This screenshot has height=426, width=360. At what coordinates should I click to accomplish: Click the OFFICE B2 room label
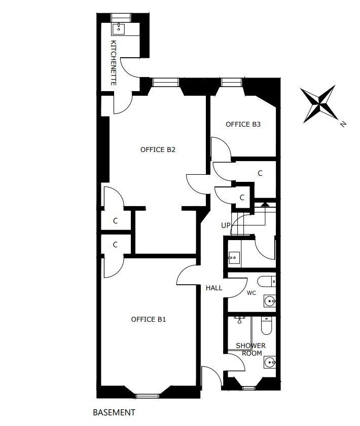point(158,150)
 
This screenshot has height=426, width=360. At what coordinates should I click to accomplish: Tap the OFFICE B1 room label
point(148,319)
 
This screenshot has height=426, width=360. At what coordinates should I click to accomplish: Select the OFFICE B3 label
point(243,125)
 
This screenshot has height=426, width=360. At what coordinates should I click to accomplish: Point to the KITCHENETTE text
point(114,63)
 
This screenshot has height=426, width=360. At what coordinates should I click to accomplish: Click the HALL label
point(214,288)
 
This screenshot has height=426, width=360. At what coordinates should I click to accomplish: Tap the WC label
point(251,293)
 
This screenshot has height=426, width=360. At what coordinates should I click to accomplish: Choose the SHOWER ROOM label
point(250,350)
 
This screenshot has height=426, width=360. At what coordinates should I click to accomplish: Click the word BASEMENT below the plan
point(114,412)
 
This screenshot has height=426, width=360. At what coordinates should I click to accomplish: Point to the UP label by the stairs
point(226,225)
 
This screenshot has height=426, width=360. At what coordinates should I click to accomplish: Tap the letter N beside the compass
point(343,124)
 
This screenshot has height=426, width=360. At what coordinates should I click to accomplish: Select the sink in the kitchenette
point(118,29)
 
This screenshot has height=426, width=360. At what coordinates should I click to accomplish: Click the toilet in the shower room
point(266,326)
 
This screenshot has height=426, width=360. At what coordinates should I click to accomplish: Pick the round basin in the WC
point(270,301)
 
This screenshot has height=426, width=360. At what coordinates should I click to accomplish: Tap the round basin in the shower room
point(270,362)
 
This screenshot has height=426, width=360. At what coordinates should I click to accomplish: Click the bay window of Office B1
point(147,396)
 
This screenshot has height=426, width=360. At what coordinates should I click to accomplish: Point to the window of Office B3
point(231,82)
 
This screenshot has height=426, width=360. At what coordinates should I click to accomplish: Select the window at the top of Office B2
point(165,82)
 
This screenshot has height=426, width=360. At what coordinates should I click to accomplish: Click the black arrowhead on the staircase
point(266,205)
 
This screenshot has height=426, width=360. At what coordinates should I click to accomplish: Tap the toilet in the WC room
point(267,282)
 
